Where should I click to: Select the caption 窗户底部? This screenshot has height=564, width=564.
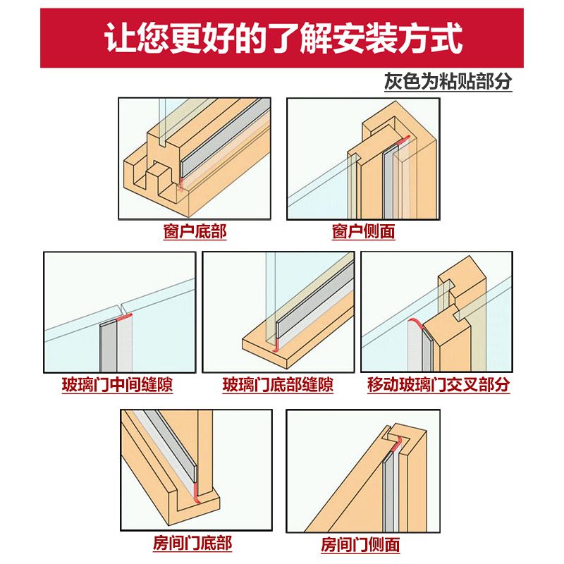[x=195, y=231]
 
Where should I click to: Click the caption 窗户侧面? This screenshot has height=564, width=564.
[x=363, y=231]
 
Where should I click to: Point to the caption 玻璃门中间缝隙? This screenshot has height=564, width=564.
[x=117, y=386]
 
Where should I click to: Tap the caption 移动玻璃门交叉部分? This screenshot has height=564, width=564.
[x=438, y=386]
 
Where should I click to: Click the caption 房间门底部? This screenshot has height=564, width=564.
[x=192, y=544]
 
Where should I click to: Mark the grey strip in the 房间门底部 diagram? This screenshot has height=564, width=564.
[x=169, y=451]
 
